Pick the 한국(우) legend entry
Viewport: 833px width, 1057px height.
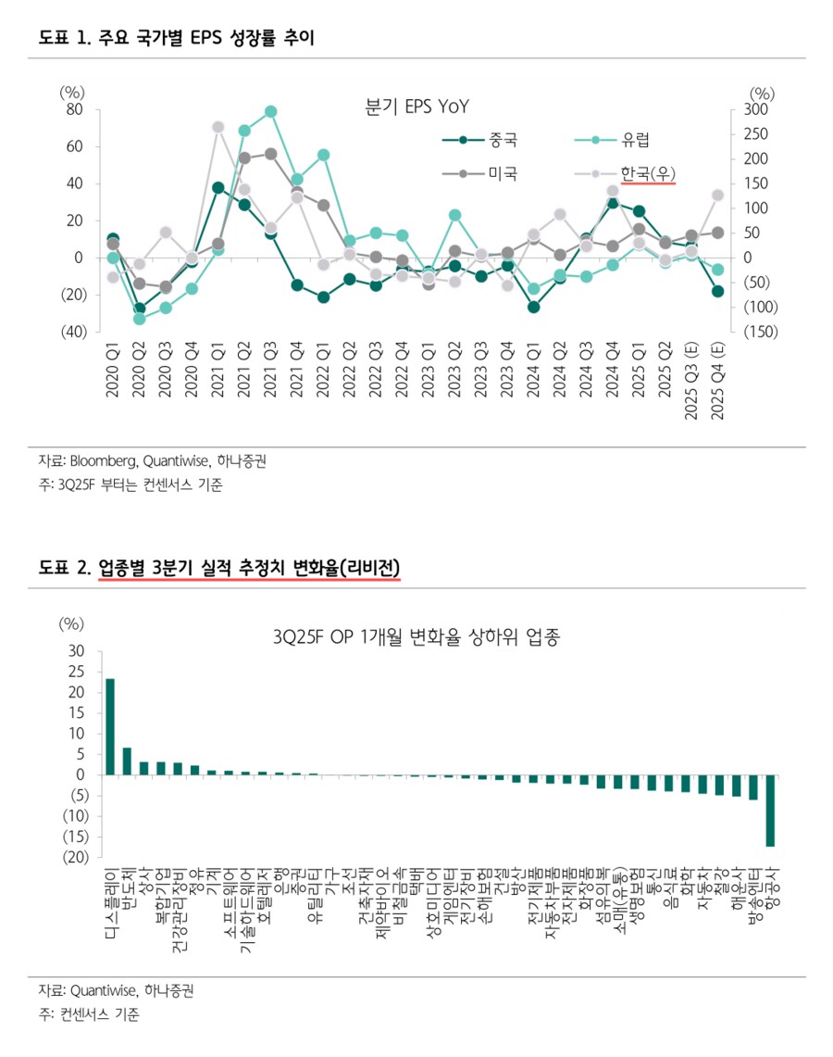tap(648, 173)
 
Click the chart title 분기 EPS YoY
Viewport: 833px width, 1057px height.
tap(417, 107)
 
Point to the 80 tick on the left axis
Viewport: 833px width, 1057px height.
tap(74, 110)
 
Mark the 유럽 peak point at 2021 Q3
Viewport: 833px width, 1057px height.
tap(271, 112)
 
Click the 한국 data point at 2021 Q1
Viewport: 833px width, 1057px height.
tap(218, 127)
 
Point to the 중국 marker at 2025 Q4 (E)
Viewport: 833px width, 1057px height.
tap(717, 291)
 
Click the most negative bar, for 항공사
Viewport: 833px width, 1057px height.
tap(770, 811)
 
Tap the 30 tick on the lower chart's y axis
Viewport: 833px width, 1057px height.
tap(77, 651)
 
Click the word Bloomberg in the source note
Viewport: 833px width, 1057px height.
tap(96, 460)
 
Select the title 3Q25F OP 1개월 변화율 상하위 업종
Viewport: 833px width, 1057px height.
tap(417, 637)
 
